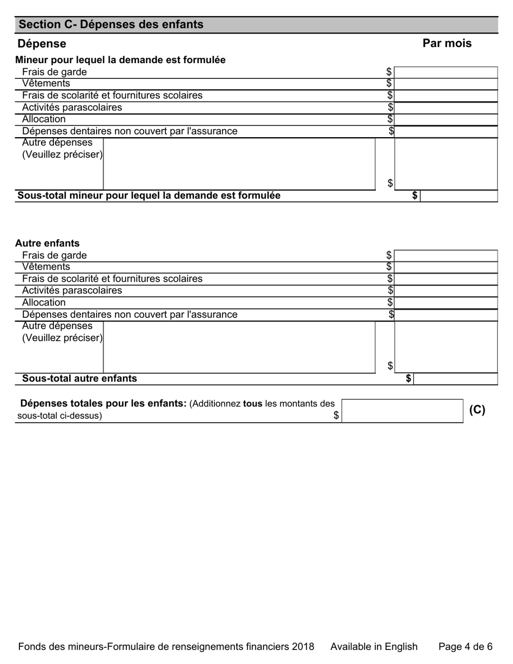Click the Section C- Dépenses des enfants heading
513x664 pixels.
point(111,24)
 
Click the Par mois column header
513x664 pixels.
point(447,43)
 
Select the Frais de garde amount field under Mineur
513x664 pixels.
point(446,72)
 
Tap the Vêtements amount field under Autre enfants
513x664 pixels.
point(446,267)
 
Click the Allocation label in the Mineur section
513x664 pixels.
point(44,119)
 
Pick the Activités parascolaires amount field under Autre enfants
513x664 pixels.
point(446,291)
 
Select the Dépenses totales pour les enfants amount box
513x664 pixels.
point(402,411)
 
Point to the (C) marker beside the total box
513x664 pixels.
point(477,410)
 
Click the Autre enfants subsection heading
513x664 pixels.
point(48,243)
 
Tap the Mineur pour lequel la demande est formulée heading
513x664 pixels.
point(120,60)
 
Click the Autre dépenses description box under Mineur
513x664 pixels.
point(239,164)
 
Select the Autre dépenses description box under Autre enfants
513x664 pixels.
point(239,347)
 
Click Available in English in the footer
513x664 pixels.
point(374,647)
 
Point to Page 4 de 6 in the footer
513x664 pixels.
point(465,647)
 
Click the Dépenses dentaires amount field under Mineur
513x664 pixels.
point(446,131)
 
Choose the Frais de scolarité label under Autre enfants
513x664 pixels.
point(112,279)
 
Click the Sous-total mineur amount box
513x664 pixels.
point(458,195)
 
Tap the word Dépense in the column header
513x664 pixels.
point(42,44)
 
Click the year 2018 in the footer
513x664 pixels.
point(303,647)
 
